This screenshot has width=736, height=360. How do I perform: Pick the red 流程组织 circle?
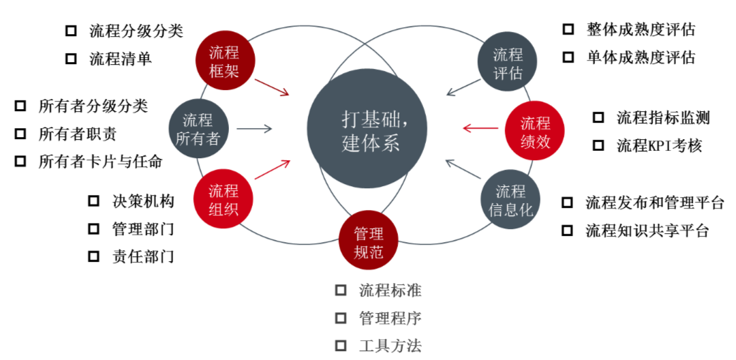point(224,199)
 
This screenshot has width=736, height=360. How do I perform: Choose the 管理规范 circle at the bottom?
point(368,243)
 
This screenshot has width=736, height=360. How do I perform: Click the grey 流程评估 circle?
point(508,63)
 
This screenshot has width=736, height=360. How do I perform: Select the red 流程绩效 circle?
point(536,132)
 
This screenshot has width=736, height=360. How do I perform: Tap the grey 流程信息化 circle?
point(510,200)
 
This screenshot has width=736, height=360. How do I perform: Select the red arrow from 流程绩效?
point(480,127)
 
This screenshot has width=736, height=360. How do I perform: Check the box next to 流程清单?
point(71,59)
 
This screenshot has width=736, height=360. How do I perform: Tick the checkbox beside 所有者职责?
point(20,134)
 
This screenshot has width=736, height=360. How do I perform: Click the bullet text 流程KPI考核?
point(659,145)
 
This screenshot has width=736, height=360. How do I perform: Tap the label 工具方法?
point(390,346)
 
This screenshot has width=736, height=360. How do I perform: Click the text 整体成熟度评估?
point(641,29)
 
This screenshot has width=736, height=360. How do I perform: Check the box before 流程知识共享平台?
point(567,230)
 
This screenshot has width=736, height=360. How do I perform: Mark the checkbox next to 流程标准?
point(341,290)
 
